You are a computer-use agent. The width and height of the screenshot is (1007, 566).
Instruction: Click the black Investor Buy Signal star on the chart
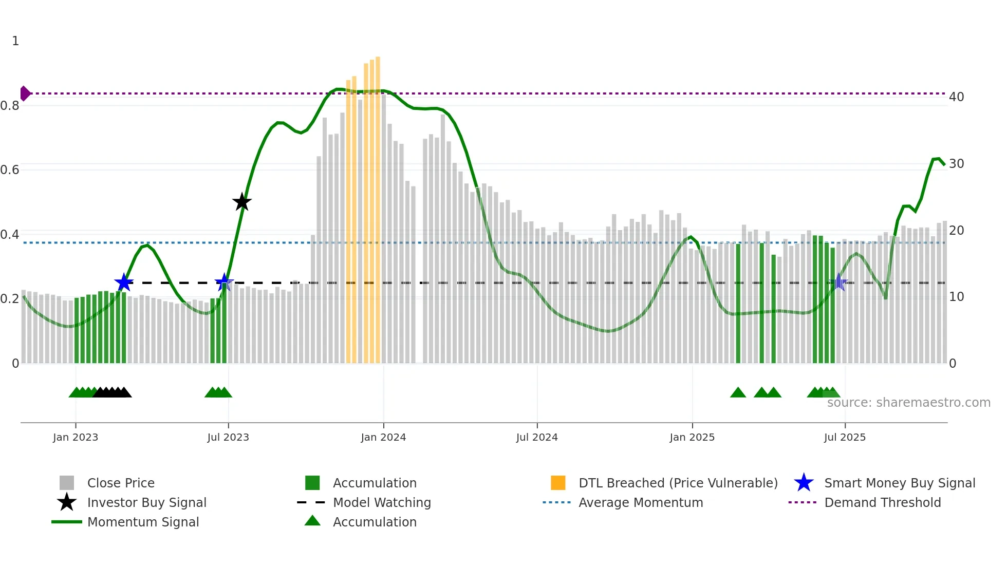point(241,202)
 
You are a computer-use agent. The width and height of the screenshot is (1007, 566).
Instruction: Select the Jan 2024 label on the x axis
point(383,437)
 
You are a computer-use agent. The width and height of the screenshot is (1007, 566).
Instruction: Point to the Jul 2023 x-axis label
point(228,437)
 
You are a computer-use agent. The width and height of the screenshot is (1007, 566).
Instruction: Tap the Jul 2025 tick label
point(845,437)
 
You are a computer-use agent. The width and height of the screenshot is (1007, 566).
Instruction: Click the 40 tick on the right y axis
point(956,97)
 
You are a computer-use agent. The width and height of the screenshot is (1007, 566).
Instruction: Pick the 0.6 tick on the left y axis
point(10,170)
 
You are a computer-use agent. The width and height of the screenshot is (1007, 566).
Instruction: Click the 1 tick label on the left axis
point(15,41)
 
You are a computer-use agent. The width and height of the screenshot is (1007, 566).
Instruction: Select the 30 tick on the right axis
point(956,164)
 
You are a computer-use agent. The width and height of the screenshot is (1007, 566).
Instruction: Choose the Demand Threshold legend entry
point(882,502)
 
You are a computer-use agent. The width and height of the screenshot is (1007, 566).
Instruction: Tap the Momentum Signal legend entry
point(143,522)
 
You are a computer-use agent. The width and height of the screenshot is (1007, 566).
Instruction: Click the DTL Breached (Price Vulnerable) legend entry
point(678,483)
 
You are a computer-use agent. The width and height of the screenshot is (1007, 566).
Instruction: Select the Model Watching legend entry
point(381,502)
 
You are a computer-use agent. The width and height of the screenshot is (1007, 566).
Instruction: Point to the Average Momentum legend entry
point(640,502)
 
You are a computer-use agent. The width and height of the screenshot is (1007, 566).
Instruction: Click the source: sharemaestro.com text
point(908,403)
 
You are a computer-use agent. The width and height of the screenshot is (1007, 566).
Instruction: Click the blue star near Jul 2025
point(838,282)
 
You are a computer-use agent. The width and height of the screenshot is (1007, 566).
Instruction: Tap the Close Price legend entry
point(121,483)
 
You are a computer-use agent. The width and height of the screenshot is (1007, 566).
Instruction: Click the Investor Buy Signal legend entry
point(146,502)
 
